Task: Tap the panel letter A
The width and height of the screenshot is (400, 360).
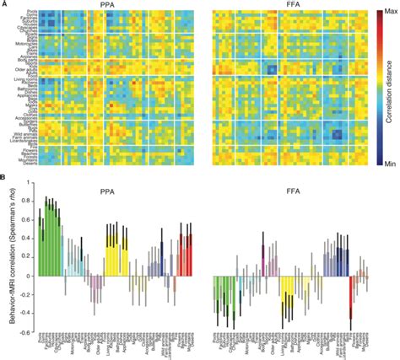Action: [4, 4]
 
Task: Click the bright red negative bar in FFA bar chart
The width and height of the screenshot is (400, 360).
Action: [350, 304]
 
